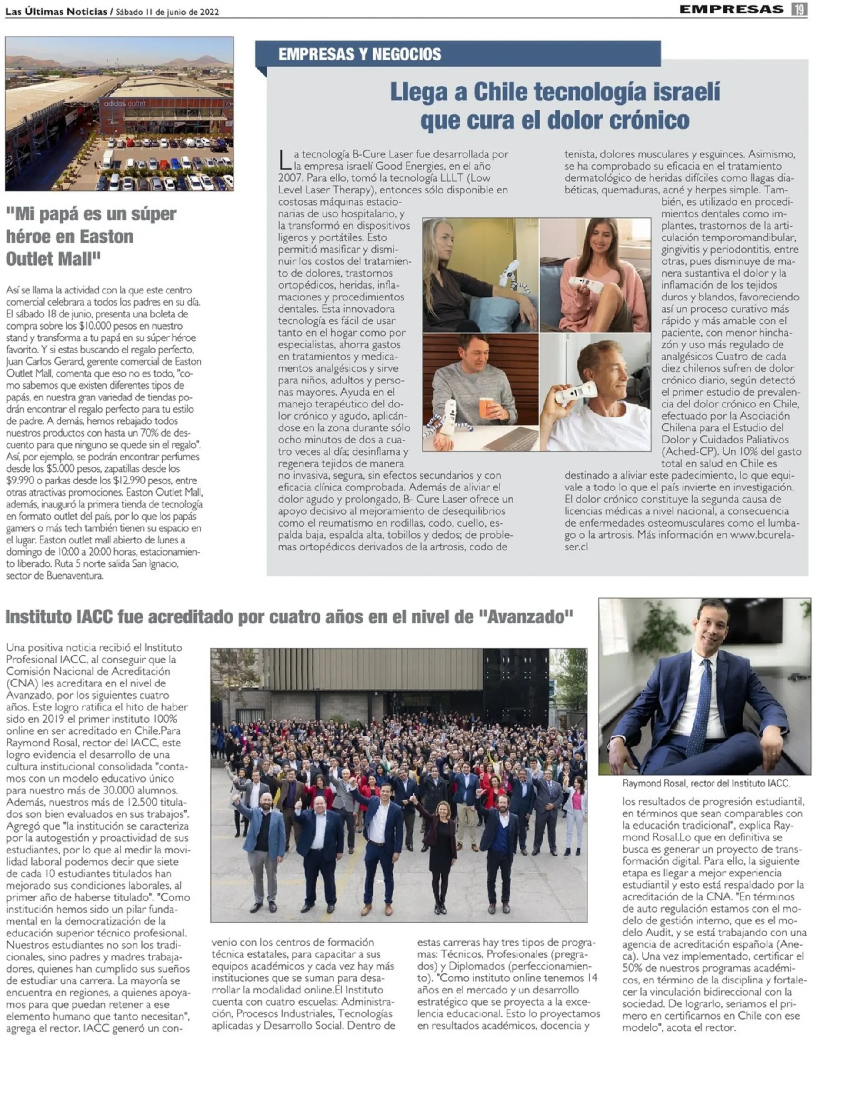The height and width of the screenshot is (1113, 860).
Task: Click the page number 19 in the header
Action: tap(799, 9)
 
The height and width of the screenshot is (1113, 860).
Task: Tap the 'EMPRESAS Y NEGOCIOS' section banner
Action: tap(360, 54)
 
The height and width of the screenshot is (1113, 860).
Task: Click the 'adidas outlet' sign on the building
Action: tap(125, 103)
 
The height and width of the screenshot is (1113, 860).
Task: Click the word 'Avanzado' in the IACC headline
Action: tap(525, 617)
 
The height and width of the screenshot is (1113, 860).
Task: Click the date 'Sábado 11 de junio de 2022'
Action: tap(167, 12)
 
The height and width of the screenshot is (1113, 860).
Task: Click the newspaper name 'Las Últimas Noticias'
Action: tap(56, 12)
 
